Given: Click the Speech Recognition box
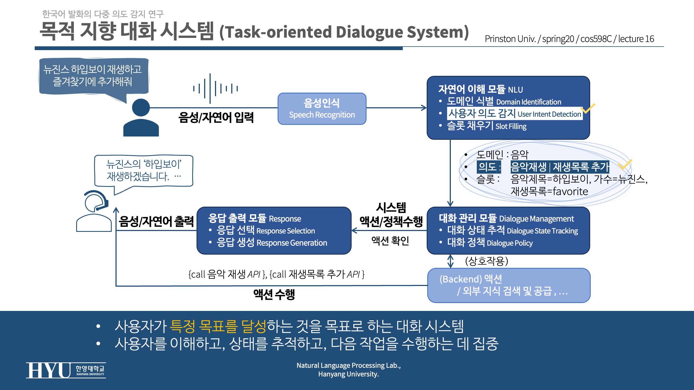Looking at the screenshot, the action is [x=322, y=109].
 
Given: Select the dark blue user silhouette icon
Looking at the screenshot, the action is [x=141, y=117].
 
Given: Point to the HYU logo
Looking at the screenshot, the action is [x=66, y=370].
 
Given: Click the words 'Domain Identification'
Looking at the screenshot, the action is [x=529, y=102].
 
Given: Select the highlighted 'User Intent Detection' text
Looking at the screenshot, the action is [x=549, y=114].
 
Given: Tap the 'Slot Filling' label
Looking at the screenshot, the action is [x=511, y=126].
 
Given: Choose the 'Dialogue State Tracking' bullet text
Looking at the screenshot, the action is [x=542, y=231].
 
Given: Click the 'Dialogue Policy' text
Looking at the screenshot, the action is [x=510, y=243].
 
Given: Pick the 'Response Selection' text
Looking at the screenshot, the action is [x=285, y=231].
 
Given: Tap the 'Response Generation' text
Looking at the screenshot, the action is [x=292, y=243].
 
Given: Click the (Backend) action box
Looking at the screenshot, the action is [x=509, y=285].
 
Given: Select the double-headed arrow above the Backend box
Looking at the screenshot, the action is [x=450, y=261].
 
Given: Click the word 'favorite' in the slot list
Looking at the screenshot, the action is [x=570, y=191].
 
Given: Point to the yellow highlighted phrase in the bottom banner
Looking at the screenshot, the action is [x=218, y=326].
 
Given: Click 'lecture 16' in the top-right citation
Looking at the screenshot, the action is [x=636, y=39].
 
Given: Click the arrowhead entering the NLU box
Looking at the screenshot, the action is [x=424, y=108].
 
